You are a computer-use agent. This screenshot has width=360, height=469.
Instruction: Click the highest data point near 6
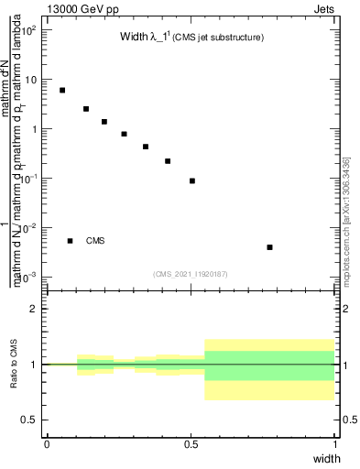pyautogui.click(x=62, y=90)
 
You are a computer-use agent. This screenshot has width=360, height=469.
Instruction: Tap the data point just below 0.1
pyautogui.click(x=192, y=180)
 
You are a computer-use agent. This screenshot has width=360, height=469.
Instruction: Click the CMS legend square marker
pyautogui.click(x=71, y=241)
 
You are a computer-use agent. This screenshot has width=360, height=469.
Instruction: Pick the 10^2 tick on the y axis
pyautogui.click(x=30, y=29)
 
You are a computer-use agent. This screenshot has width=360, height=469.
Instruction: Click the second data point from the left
pyautogui.click(x=86, y=109)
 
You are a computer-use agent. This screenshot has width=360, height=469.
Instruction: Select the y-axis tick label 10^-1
pyautogui.click(x=30, y=178)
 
